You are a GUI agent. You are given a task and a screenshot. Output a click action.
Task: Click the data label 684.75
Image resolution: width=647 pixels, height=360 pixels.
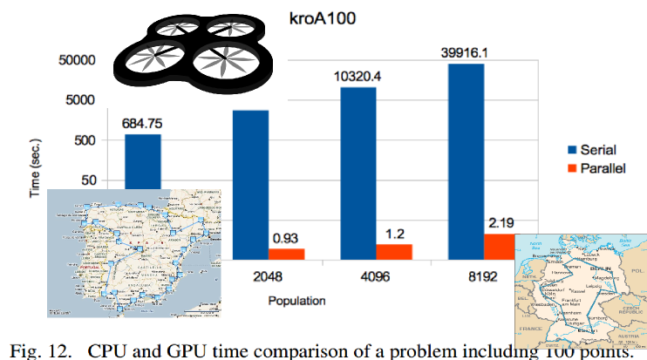pos(142,122)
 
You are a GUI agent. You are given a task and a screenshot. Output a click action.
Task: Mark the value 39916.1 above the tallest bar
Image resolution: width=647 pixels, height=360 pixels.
pos(466,51)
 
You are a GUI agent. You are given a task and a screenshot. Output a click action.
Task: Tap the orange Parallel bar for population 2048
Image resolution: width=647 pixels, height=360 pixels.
pos(286,254)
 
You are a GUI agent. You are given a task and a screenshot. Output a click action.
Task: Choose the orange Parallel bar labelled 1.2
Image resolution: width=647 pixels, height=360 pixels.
pos(394,251)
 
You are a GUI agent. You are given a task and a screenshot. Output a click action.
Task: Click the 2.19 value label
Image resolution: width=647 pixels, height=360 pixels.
pos(501,222)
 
